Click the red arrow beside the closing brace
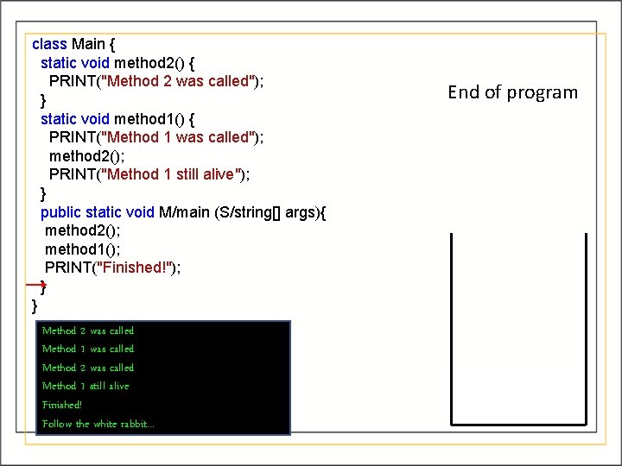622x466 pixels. tap(35, 284)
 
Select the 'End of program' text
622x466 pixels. tap(512, 92)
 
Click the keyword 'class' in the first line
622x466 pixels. tap(49, 43)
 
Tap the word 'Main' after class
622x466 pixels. tap(89, 43)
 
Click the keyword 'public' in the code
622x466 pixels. tap(60, 212)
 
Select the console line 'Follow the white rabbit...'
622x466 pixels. tap(98, 424)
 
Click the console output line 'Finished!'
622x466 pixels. tap(62, 405)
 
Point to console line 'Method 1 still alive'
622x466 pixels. tap(86, 386)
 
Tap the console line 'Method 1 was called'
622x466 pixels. tap(88, 349)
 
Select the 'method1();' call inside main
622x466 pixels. tap(83, 249)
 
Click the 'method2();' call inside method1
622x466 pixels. tap(87, 155)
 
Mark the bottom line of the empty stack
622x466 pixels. tap(518, 424)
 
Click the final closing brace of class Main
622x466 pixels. tap(35, 305)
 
